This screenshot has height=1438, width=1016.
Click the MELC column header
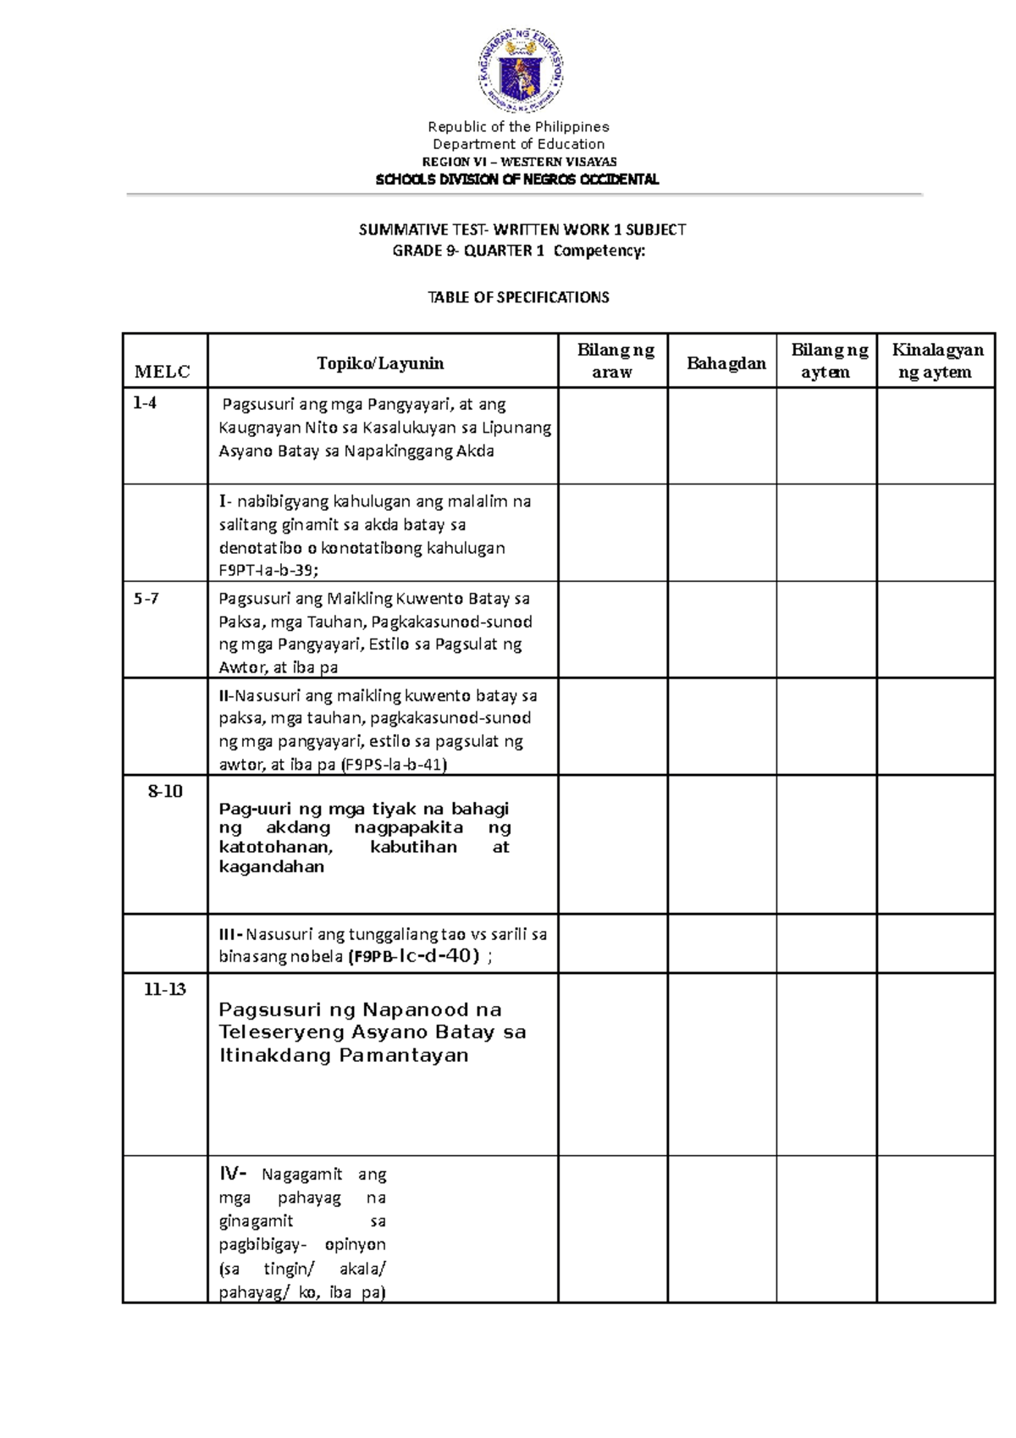point(163,372)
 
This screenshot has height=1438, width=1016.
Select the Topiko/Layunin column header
point(380,363)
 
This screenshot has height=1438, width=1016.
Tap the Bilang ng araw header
point(614,361)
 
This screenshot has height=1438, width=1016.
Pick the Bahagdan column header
point(726,363)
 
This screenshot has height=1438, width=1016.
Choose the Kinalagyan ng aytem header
point(936,361)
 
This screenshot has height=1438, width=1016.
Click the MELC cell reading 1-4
point(145,403)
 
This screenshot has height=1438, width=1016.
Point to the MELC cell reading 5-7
point(146,599)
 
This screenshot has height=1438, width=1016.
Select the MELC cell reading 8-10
point(165,792)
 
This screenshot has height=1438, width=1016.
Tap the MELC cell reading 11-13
point(165,989)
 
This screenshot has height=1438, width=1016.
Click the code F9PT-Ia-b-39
point(268,571)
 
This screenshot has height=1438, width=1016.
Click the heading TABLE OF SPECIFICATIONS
point(518,297)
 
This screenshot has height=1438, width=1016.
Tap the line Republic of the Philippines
point(518,127)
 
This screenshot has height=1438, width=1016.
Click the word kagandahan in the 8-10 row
point(271,867)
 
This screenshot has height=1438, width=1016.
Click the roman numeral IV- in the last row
point(234,1174)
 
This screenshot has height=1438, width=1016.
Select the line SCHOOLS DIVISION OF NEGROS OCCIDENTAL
point(517,180)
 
